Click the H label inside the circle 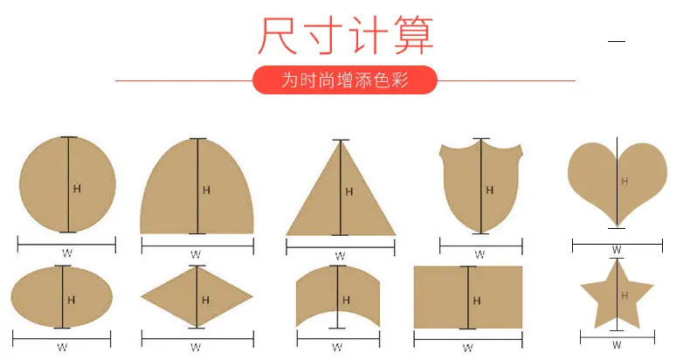click(x=77, y=189)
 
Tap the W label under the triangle click(x=340, y=256)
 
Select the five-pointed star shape click(x=617, y=294)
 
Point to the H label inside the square click(x=477, y=301)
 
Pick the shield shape click(x=481, y=186)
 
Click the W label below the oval click(x=63, y=347)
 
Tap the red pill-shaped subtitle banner click(x=345, y=80)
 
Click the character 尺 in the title click(x=277, y=35)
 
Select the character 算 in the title click(x=414, y=35)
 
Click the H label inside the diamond click(x=205, y=301)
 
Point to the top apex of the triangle click(x=341, y=141)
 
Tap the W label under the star click(x=617, y=345)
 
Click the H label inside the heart click(x=624, y=182)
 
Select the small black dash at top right click(x=617, y=41)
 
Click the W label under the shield click(x=480, y=254)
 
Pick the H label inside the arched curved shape click(x=347, y=301)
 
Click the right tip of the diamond click(x=252, y=296)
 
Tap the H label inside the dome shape click(x=206, y=190)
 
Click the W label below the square click(x=468, y=348)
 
